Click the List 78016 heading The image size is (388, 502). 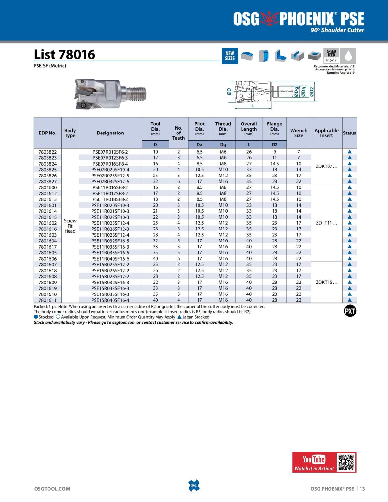click(x=64, y=54)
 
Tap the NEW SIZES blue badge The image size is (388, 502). click(x=230, y=56)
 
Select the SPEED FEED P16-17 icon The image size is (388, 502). click(x=331, y=56)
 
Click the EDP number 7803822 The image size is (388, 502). click(x=48, y=152)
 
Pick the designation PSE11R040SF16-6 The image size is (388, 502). click(x=110, y=259)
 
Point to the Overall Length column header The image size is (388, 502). click(x=249, y=128)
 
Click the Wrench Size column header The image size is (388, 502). click(x=298, y=133)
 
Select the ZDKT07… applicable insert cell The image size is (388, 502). click(x=326, y=166)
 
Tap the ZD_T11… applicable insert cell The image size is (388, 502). click(x=326, y=223)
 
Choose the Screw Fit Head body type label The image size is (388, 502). click(x=70, y=226)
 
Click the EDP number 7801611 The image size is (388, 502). click(x=48, y=300)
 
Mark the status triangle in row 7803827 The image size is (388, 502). click(x=350, y=181)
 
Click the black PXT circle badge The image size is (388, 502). click(x=350, y=311)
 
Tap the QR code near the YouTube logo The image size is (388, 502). click(x=346, y=462)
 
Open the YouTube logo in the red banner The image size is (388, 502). click(x=314, y=459)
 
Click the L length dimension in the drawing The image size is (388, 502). click(x=253, y=106)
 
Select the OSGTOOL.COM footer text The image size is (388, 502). click(x=52, y=489)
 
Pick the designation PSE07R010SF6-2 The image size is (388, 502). click(x=110, y=152)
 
